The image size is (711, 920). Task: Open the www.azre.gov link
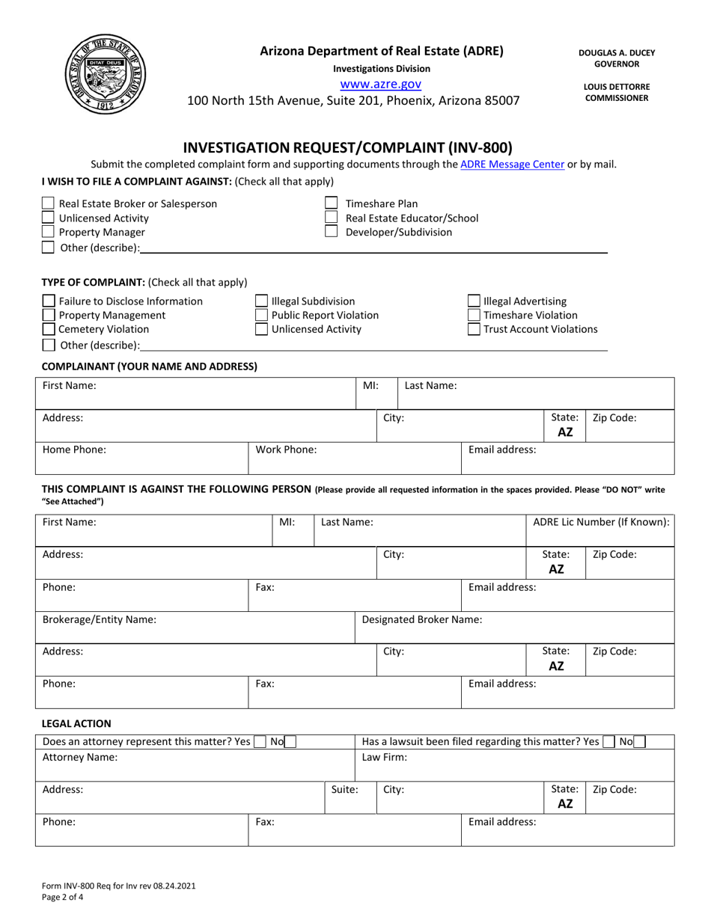point(380,85)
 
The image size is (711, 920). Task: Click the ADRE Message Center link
point(512,165)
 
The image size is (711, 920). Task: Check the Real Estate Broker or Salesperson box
point(48,203)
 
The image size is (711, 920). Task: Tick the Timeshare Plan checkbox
point(332,203)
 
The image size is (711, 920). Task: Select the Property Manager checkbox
point(48,233)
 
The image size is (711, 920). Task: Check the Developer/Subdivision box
point(332,233)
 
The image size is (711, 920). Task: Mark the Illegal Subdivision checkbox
point(262,301)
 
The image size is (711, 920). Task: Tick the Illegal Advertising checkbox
point(474,301)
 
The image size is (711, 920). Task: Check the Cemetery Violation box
point(48,330)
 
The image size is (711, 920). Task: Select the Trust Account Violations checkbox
point(474,330)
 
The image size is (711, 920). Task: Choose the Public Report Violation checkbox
point(262,316)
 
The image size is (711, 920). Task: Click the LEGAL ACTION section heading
point(76,723)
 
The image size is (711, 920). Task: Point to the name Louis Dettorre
point(616,87)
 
